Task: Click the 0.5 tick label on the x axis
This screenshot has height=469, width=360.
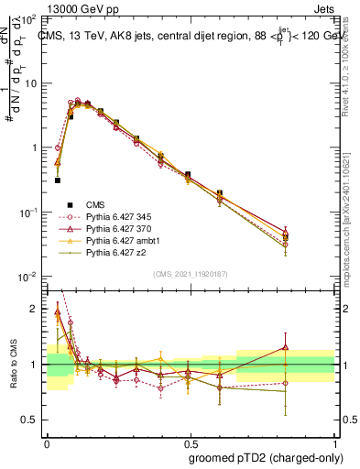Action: pos(189,441)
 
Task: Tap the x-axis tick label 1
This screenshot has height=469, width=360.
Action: pos(333,441)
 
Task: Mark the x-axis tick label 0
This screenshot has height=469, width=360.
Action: pos(47,441)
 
